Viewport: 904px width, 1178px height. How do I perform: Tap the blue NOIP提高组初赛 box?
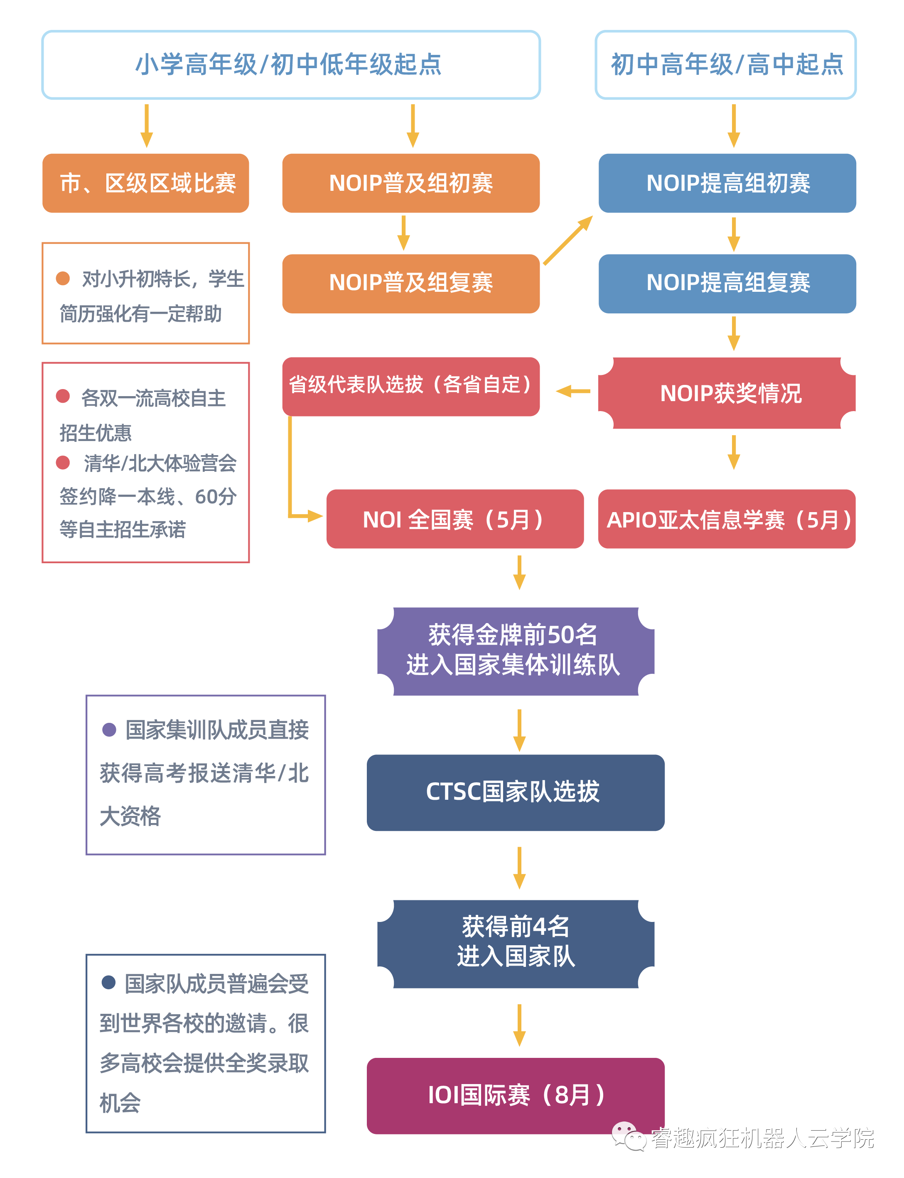[727, 183]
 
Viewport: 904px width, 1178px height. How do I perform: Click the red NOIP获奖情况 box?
[727, 393]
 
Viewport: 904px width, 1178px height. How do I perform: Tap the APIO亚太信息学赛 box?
[727, 519]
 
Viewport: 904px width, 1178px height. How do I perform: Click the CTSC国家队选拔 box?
[516, 793]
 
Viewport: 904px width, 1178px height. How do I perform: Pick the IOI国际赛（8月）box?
[516, 1096]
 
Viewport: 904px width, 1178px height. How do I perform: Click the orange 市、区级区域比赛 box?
[146, 183]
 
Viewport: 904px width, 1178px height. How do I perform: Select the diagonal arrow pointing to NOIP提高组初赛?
[568, 240]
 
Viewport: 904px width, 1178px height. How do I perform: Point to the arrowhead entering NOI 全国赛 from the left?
[315, 516]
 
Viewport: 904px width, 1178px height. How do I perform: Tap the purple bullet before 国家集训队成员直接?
[109, 729]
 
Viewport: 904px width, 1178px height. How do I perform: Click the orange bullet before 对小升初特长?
[63, 278]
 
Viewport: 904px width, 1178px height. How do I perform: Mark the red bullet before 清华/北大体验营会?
[63, 463]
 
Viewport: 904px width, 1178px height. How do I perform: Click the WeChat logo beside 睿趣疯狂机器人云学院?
[629, 1136]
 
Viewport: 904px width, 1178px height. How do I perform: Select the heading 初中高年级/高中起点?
[727, 64]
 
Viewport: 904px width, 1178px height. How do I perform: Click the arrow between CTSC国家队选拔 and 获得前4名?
[519, 868]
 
